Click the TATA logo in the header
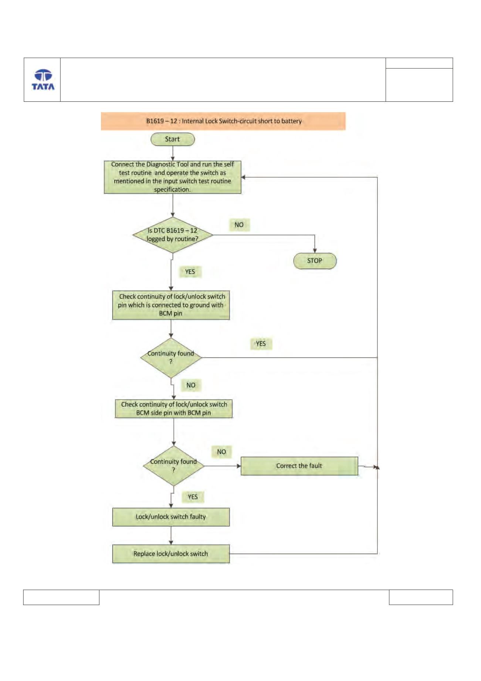tap(43, 80)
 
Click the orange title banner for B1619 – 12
tap(223, 121)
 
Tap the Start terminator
tap(173, 139)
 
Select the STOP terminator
tap(315, 261)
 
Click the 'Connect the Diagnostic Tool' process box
tap(173, 177)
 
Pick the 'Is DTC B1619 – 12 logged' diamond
tap(173, 235)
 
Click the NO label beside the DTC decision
tap(239, 225)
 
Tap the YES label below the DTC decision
tap(190, 272)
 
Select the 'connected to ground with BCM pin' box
tap(171, 305)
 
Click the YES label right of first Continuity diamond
tap(261, 343)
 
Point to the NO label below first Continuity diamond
tap(191, 385)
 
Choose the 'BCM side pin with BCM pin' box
tap(174, 409)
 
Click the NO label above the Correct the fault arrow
tap(221, 452)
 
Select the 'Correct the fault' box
tap(299, 466)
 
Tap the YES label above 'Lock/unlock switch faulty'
tap(193, 497)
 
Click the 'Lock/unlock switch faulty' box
tap(171, 517)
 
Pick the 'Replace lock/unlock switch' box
tap(171, 554)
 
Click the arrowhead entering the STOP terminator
tap(315, 251)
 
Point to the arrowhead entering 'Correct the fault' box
tap(238, 466)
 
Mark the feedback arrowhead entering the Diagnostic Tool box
tap(244, 177)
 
